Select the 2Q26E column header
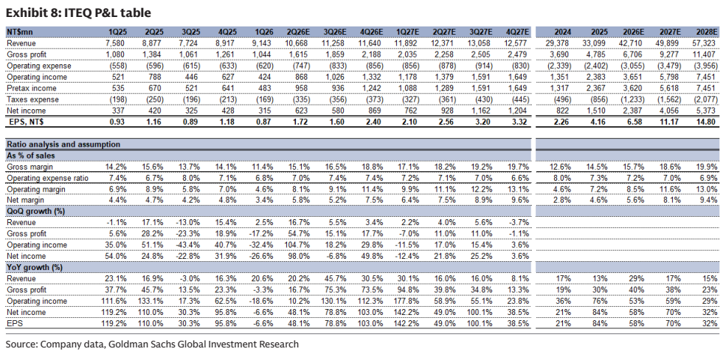pyautogui.click(x=299, y=32)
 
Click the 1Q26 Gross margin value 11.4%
pyautogui.click(x=264, y=167)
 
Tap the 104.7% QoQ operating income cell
pyautogui.click(x=299, y=245)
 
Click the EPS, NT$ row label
pyautogui.click(x=28, y=122)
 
